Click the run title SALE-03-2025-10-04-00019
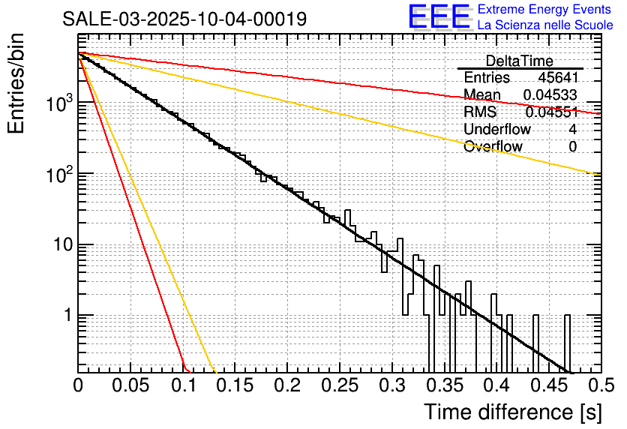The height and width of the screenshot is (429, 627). point(184,19)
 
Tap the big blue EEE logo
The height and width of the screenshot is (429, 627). point(439,17)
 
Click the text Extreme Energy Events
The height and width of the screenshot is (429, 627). point(546,10)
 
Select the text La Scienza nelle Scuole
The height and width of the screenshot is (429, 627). point(545,25)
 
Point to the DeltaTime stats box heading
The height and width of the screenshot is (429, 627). point(520,61)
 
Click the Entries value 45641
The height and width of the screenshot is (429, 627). point(557,77)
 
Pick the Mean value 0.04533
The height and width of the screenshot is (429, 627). point(550,94)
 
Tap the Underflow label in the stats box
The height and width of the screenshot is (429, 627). point(497,129)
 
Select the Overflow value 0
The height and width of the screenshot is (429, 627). point(572,146)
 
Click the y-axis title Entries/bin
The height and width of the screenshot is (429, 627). point(19,85)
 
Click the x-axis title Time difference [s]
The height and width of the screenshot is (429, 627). point(511,412)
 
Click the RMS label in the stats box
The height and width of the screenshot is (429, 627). point(480,112)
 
